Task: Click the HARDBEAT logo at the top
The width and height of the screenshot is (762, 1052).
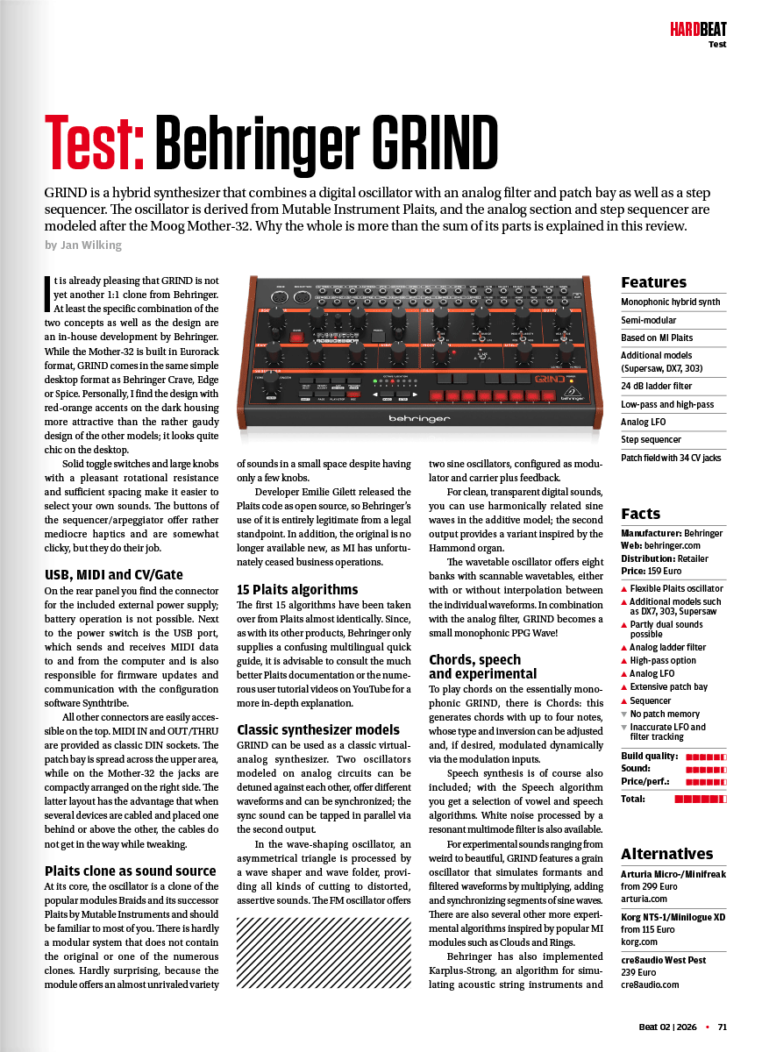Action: [x=698, y=30]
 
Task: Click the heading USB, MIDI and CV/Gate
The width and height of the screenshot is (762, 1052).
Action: [x=114, y=575]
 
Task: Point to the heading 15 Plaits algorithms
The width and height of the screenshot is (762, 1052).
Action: [x=297, y=589]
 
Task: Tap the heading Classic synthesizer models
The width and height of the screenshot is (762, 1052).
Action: [x=318, y=729]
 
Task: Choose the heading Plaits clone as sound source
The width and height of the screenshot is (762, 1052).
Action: [x=130, y=871]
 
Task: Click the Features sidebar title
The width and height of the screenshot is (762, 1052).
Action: [x=653, y=282]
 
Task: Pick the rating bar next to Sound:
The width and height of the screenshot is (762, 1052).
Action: [x=706, y=769]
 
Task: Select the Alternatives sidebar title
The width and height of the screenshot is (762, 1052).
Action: [x=666, y=854]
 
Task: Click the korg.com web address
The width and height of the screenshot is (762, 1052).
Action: [x=639, y=942]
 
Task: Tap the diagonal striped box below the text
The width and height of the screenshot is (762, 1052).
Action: [x=324, y=951]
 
